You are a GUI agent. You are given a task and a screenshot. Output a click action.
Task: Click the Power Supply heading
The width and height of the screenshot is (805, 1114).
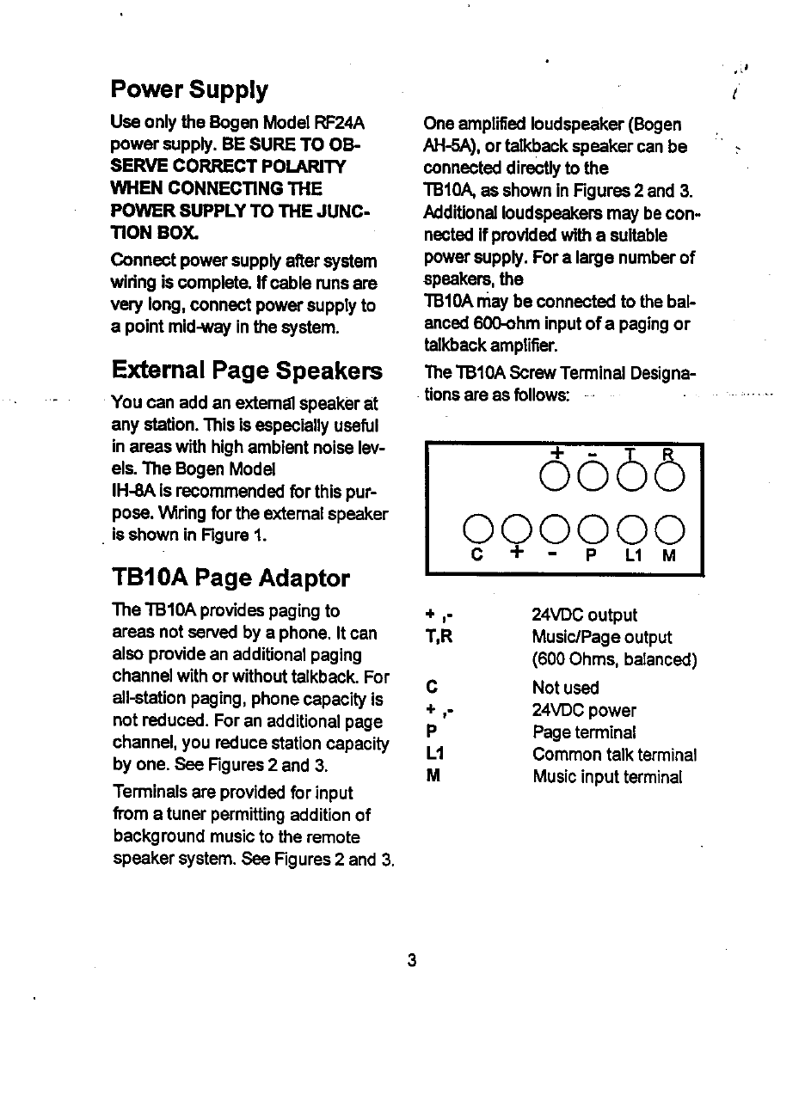[x=189, y=89]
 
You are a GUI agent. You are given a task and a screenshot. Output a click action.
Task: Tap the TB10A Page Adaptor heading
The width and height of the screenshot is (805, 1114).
[x=230, y=578]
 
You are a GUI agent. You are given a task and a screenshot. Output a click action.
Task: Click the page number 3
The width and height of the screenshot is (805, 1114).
[x=412, y=960]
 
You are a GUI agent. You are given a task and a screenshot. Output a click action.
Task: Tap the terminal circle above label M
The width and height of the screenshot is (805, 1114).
[x=670, y=527]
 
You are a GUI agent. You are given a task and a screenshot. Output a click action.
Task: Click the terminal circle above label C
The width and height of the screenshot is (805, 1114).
[x=477, y=527]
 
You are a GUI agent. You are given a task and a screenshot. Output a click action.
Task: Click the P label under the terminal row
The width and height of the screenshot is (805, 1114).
[x=591, y=556]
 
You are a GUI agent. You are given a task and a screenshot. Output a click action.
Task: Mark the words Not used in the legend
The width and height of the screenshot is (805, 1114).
[x=565, y=688]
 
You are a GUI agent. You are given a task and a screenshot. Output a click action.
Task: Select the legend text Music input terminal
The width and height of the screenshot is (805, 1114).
[x=607, y=777]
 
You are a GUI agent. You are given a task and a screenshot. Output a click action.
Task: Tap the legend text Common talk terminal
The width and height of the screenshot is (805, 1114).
[x=614, y=755]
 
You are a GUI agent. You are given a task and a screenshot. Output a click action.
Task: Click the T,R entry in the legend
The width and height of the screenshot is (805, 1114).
[x=439, y=637]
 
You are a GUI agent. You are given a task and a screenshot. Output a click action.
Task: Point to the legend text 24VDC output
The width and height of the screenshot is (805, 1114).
[x=584, y=615]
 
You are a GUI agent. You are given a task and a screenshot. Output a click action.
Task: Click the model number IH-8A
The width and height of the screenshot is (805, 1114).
[x=132, y=492]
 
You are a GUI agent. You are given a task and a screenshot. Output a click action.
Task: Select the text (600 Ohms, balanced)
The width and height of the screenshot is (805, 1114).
[x=614, y=659]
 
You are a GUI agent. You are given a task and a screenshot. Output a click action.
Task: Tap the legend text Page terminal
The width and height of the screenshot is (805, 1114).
[x=584, y=732]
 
